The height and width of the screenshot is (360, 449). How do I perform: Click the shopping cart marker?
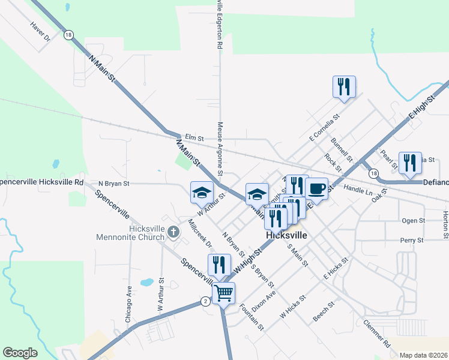223,293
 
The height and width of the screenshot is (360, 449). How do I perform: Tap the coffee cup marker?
316,189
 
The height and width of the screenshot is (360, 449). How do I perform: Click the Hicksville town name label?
286,235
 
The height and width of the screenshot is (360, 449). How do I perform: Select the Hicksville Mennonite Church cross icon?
173,231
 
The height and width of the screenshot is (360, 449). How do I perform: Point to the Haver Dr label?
40,32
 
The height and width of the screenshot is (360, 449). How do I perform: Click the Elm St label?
191,137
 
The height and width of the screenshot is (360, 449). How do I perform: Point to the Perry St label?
412,240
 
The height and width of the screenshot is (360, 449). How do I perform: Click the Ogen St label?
413,221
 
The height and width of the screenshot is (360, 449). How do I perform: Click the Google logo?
20,353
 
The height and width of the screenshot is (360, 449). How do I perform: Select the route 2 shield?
205,301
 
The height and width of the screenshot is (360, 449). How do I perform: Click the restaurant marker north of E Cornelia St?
344,86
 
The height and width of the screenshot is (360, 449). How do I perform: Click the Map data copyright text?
424,355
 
